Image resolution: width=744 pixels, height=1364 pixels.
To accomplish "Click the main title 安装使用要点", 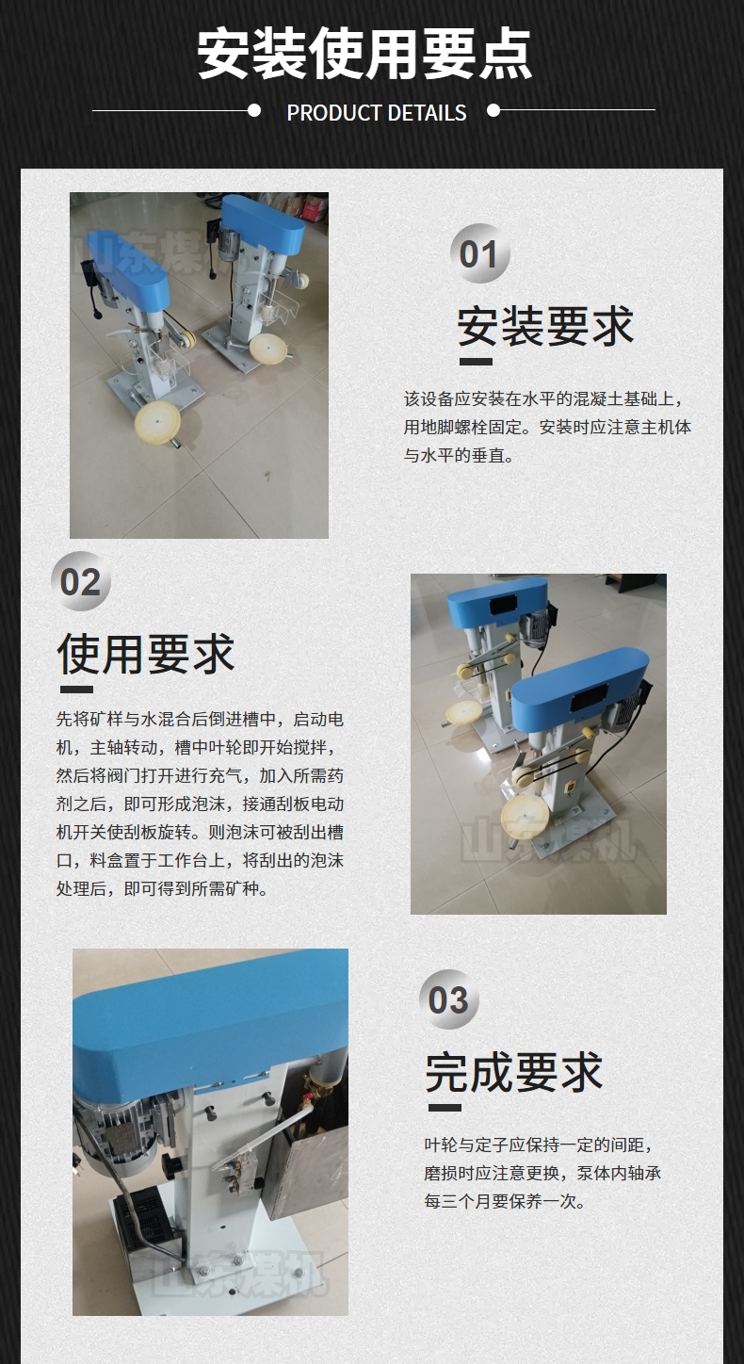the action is click(364, 54).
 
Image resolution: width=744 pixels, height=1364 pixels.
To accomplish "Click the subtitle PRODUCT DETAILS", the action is click(377, 113).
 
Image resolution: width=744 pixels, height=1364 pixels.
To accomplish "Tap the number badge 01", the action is click(479, 253).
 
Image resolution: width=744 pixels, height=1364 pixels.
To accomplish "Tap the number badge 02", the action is click(80, 581).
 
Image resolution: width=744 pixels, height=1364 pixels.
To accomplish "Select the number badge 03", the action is click(448, 999).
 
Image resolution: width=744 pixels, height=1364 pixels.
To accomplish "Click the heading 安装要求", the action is click(545, 326).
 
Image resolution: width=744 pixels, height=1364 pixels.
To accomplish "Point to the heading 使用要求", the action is click(146, 654).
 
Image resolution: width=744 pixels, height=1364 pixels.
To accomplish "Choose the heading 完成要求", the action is click(514, 1072).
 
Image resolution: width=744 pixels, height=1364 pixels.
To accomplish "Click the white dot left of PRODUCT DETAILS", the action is click(254, 110).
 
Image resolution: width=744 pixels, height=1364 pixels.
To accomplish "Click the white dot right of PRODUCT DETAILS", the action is click(493, 110).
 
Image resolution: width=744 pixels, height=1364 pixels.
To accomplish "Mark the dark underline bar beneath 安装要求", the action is click(476, 362).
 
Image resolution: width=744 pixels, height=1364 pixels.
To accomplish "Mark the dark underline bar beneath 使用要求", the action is click(76, 690).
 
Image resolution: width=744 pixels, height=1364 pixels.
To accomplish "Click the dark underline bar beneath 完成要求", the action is click(445, 1108).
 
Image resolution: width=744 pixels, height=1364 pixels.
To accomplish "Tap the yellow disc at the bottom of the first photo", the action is click(157, 419).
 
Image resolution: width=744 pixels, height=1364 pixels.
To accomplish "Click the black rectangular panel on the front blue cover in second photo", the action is click(589, 697).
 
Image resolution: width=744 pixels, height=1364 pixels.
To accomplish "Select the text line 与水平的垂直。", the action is click(459, 455).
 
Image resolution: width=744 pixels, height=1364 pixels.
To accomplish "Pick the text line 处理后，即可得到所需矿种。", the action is click(163, 888).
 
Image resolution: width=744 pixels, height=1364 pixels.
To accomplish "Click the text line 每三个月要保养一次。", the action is click(506, 1201).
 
